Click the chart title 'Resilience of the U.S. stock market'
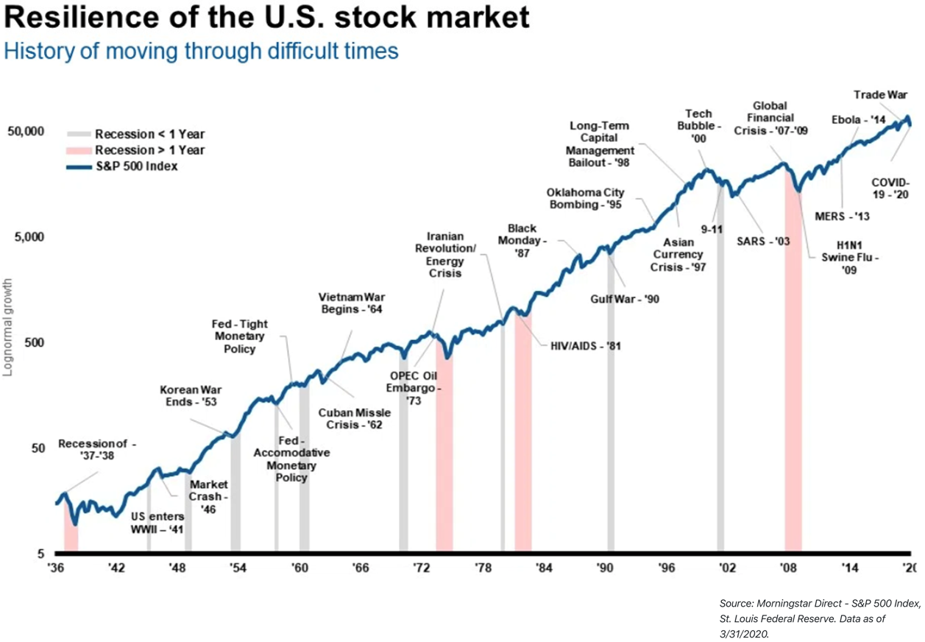[x=266, y=17]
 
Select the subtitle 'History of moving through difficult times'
[x=201, y=51]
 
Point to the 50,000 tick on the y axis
[x=26, y=131]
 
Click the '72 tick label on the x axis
[x=421, y=568]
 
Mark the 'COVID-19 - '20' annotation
[x=890, y=188]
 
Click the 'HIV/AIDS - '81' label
[x=586, y=345]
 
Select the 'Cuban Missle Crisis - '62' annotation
[x=354, y=418]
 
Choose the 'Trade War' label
[x=880, y=94]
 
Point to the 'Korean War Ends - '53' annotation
[x=191, y=396]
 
